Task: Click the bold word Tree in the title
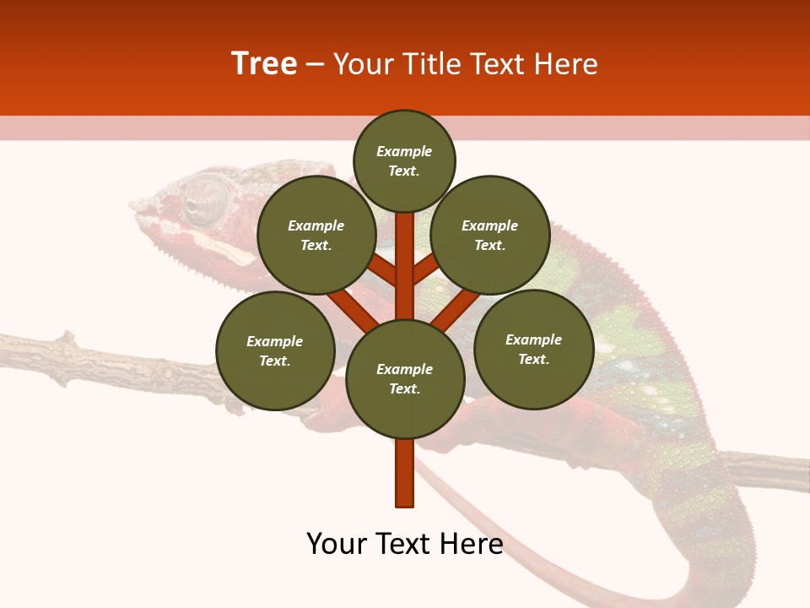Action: [264, 63]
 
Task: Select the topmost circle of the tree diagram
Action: [404, 160]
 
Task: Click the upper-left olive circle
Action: [316, 235]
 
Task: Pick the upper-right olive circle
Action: [490, 235]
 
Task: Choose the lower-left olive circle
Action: [275, 350]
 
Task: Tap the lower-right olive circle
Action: [533, 349]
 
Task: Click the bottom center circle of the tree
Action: [405, 378]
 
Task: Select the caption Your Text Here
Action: [405, 544]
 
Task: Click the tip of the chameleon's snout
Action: [135, 205]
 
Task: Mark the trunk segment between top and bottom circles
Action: [405, 266]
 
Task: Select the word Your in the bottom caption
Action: [337, 544]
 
